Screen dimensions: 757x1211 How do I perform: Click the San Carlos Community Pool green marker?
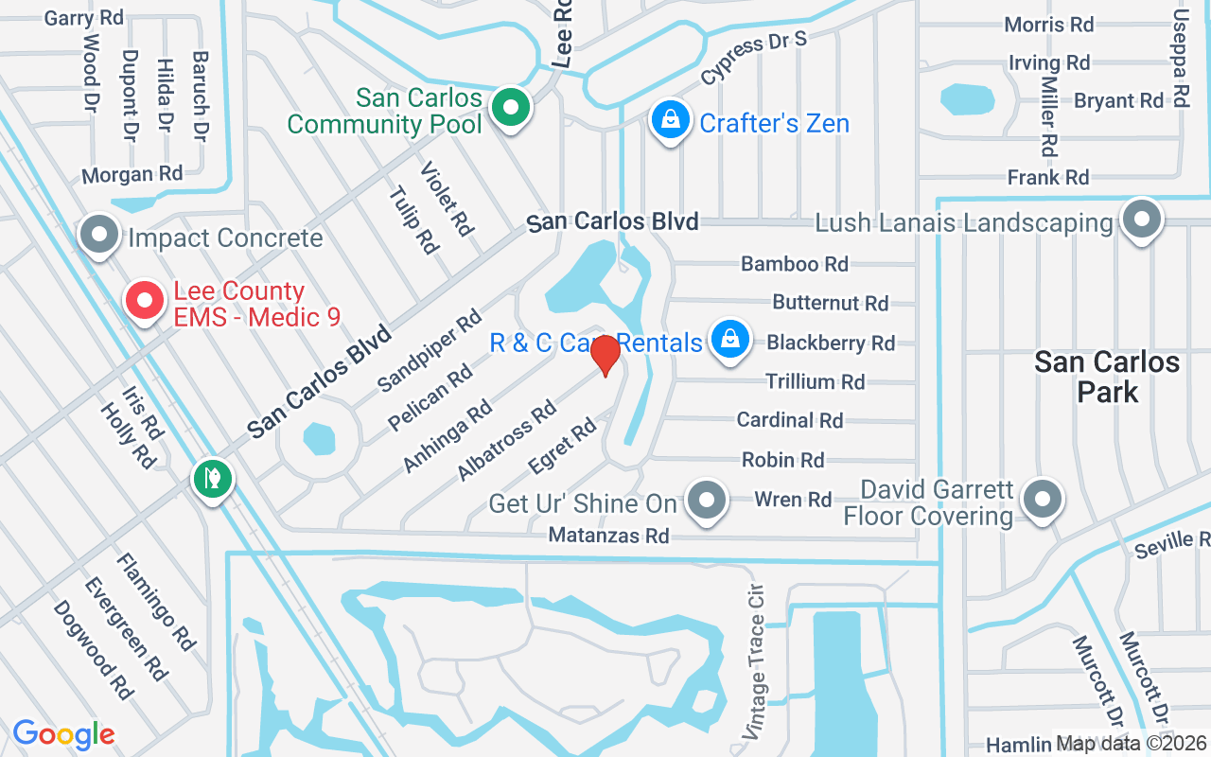[511, 108]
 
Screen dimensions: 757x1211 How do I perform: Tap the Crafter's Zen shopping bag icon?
[670, 120]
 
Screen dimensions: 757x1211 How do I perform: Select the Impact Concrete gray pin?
[98, 234]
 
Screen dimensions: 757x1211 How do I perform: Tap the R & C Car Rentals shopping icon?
[729, 338]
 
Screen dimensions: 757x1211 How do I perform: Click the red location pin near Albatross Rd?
[605, 355]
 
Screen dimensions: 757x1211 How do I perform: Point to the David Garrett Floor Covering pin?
[1042, 499]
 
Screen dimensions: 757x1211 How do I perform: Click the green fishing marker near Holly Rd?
[213, 478]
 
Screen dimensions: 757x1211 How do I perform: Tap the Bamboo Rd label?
[795, 264]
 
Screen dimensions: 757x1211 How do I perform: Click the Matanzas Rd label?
[608, 537]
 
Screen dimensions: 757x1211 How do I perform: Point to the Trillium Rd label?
[815, 382]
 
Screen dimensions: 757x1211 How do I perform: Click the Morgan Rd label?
[132, 175]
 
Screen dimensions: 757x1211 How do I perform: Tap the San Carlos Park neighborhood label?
[1107, 376]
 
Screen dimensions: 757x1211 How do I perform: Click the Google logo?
[63, 734]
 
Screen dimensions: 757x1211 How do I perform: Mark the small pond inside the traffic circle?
[320, 439]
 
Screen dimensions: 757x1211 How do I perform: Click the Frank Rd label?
[1048, 177]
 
